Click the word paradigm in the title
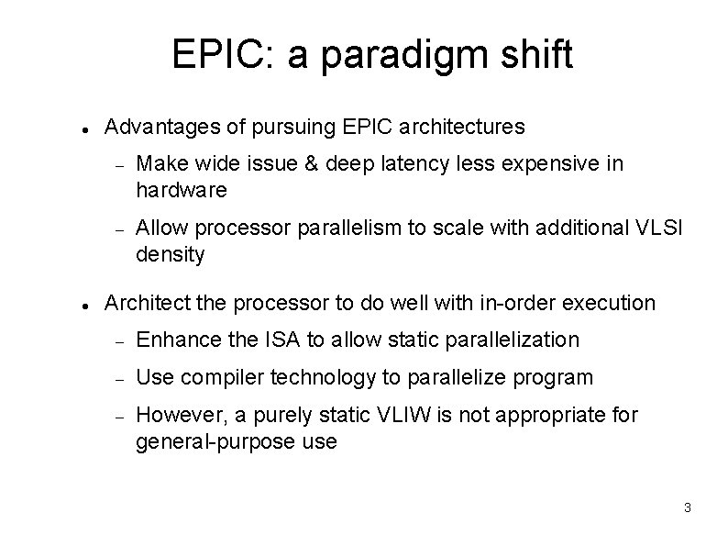(396, 57)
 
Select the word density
(170, 254)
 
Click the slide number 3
(687, 507)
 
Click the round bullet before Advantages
(83, 128)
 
